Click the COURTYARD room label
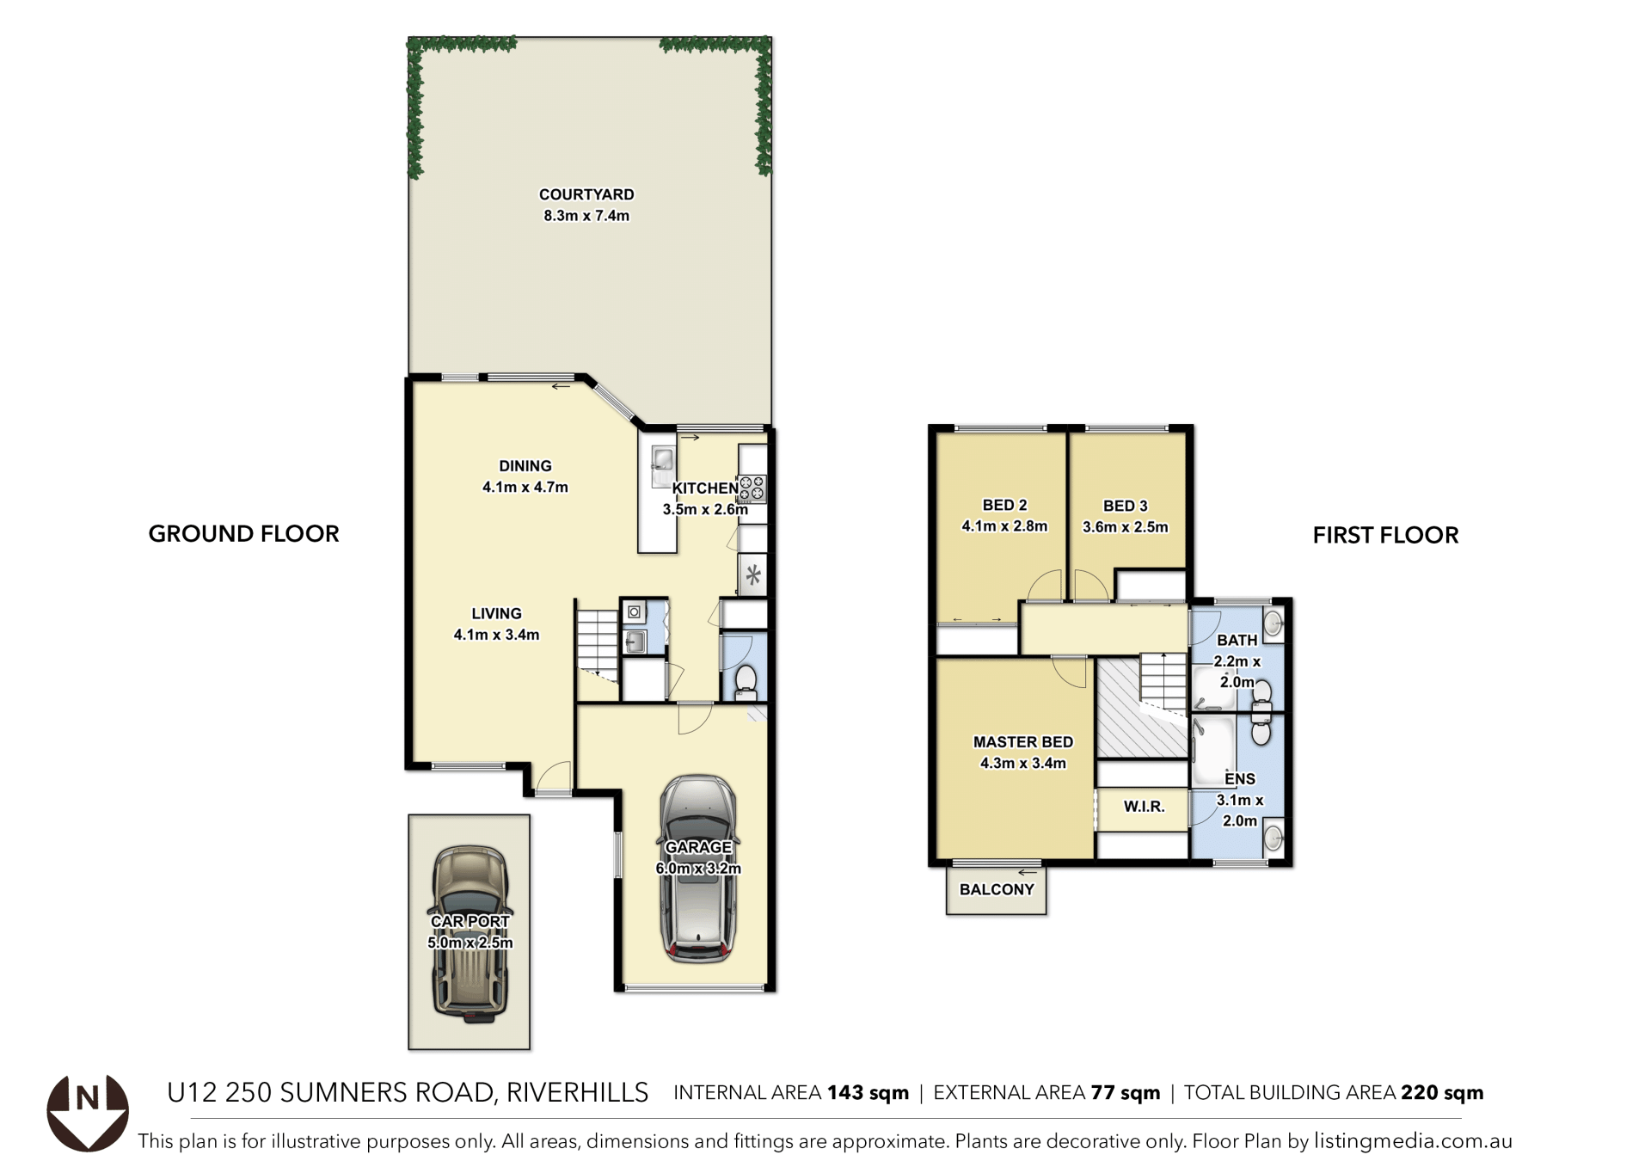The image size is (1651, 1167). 586,194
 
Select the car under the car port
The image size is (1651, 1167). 470,933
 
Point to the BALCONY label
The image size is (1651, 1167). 997,889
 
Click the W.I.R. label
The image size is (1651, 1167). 1144,807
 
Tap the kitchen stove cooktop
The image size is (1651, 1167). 752,488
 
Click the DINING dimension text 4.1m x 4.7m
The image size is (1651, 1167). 525,487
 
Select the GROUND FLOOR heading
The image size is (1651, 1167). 244,534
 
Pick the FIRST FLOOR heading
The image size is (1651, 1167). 1385,535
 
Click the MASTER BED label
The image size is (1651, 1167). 1023,742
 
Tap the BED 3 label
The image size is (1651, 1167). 1126,507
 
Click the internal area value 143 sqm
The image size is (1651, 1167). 868,1093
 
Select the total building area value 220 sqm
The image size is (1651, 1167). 1442,1093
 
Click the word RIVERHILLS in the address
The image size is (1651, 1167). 577,1092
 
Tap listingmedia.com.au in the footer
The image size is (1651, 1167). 1413,1141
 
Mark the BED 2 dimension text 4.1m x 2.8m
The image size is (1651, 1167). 1004,526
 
